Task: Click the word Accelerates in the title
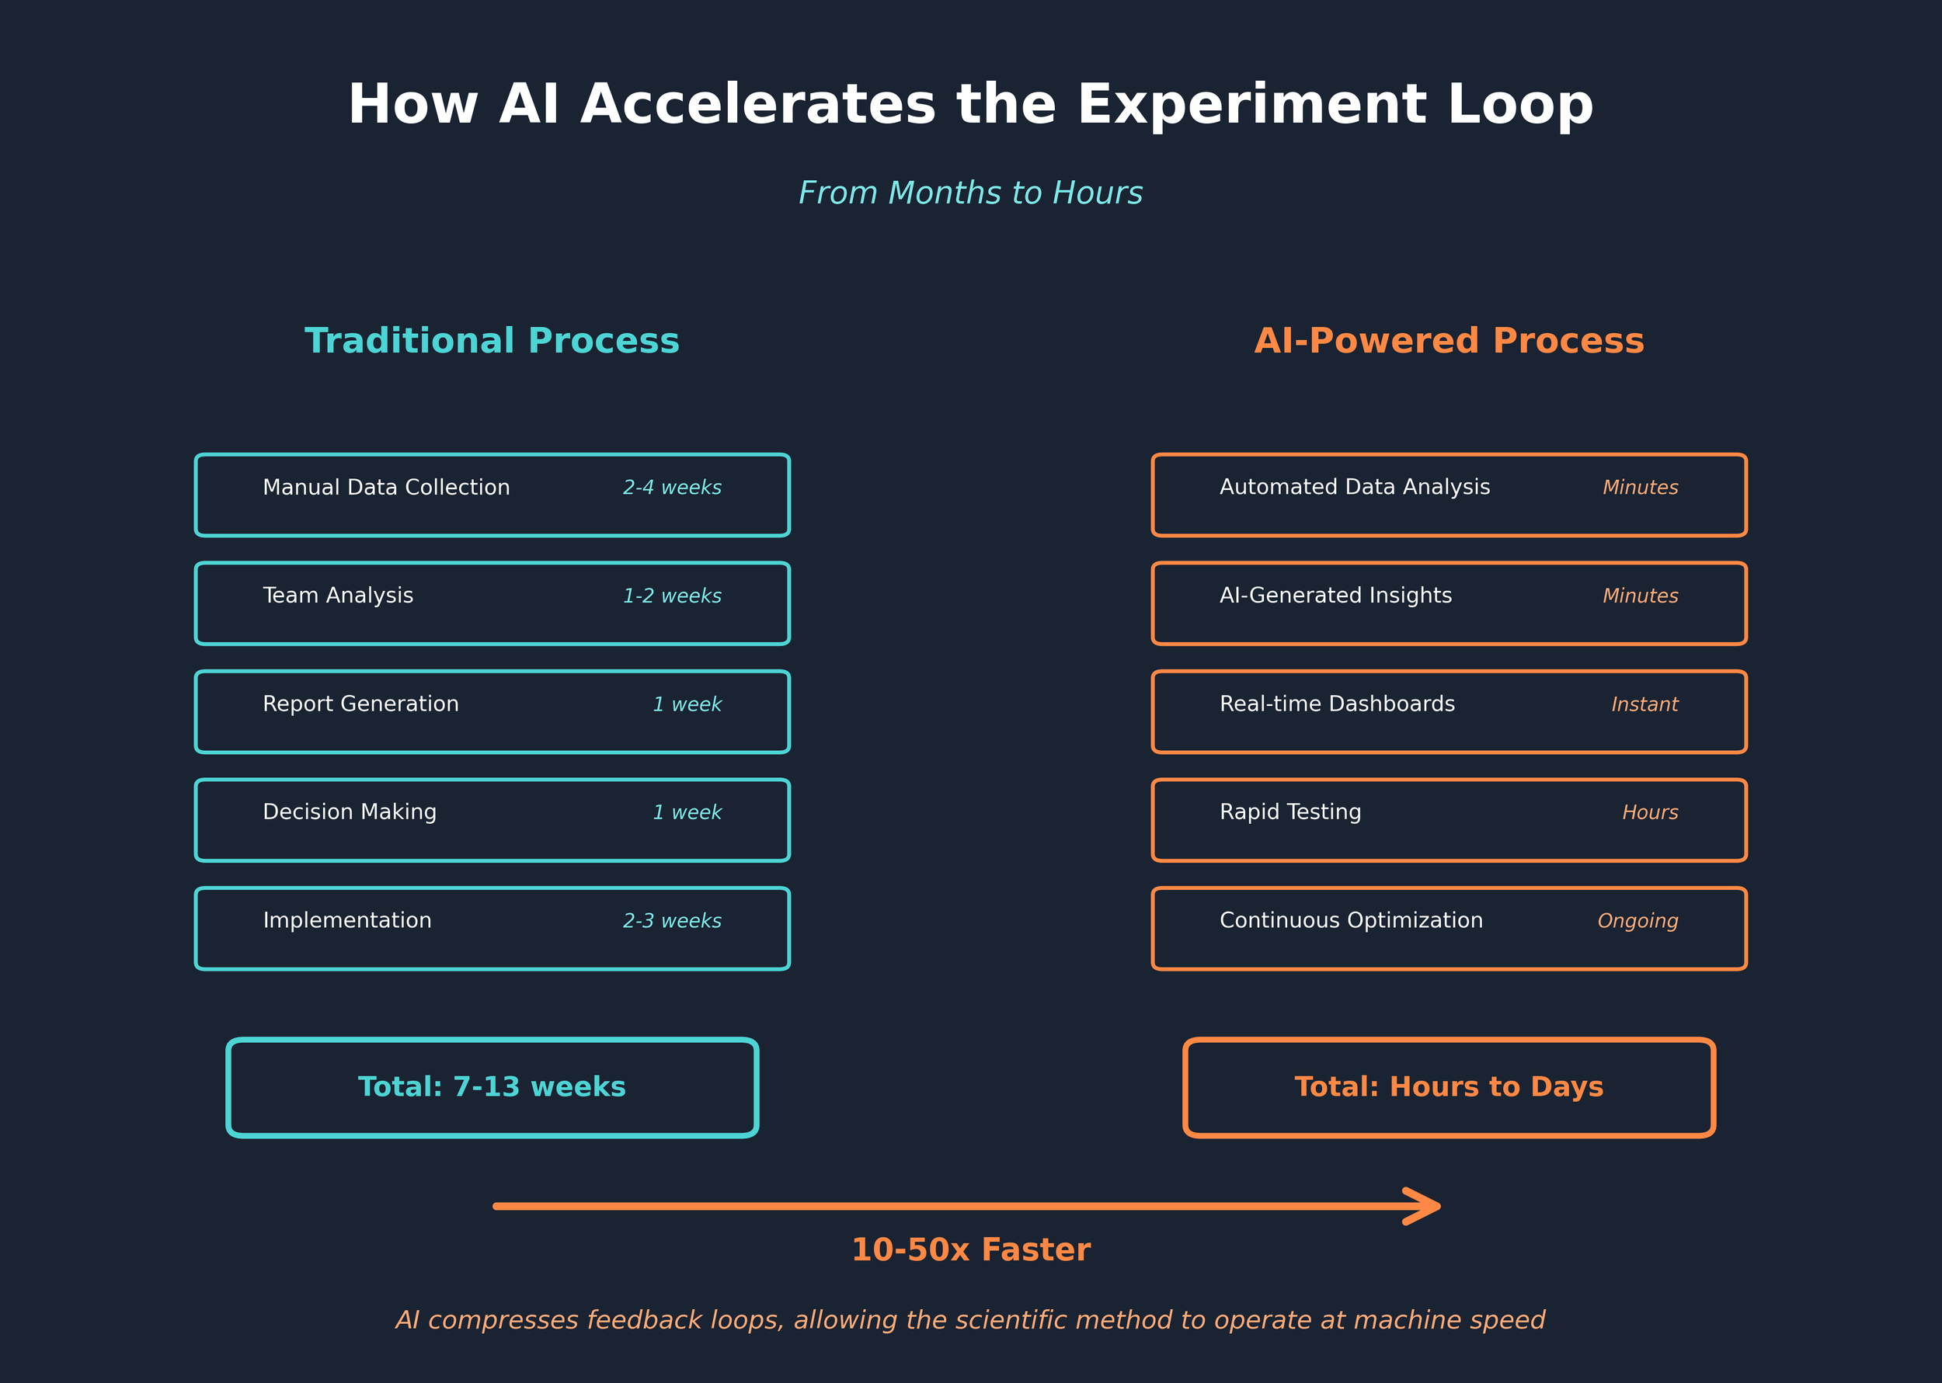click(x=758, y=106)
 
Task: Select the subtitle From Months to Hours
click(x=970, y=193)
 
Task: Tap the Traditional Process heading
click(x=492, y=341)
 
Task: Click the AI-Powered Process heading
click(x=1449, y=341)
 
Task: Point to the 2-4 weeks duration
click(x=671, y=488)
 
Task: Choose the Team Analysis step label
click(x=337, y=596)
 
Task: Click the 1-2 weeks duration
click(x=671, y=596)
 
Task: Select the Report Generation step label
click(x=360, y=704)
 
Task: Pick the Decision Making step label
click(x=350, y=812)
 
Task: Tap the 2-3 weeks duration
click(x=671, y=922)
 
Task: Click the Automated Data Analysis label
click(x=1354, y=488)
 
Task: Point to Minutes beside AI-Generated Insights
click(x=1640, y=596)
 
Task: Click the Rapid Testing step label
click(x=1289, y=812)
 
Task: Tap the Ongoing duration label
click(x=1637, y=922)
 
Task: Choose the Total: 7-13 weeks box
click(x=492, y=1087)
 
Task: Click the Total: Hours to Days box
click(x=1449, y=1087)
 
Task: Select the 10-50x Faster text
click(x=970, y=1250)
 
